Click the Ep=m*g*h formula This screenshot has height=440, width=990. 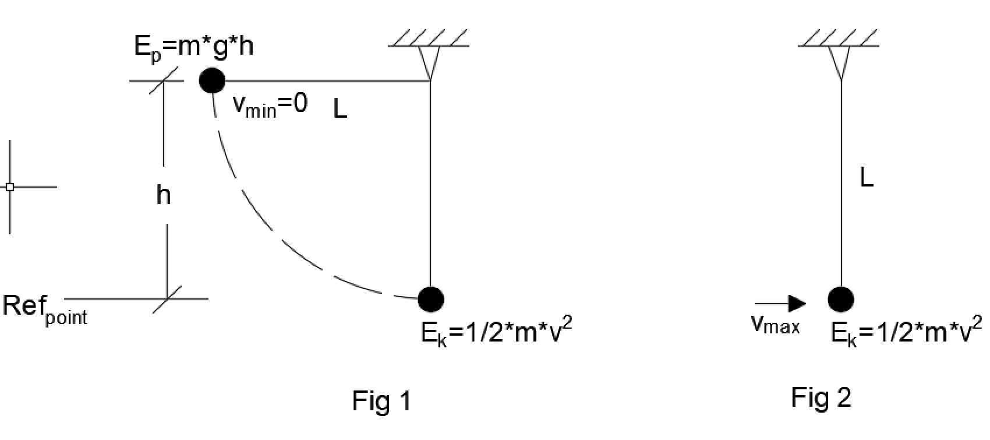point(194,45)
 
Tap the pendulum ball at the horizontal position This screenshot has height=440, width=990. point(212,80)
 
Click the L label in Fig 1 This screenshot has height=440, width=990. point(340,109)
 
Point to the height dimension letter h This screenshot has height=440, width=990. point(164,195)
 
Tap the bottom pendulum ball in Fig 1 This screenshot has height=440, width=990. point(431,299)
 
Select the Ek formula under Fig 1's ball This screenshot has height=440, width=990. point(496,333)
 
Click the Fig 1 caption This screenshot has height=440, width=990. point(381,401)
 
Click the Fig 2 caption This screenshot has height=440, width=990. point(821,397)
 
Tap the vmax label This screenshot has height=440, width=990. point(775,324)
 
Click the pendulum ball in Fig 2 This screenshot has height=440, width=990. point(841,300)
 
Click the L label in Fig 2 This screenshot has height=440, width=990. point(867,178)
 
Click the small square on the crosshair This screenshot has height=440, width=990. point(10,187)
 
